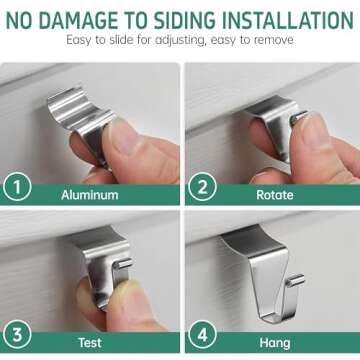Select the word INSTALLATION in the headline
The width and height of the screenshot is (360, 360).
(288, 20)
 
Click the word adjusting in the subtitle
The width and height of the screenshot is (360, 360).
(171, 40)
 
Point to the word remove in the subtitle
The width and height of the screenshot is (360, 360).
(274, 40)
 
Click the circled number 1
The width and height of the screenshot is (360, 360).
(17, 186)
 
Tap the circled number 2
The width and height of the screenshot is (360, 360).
(202, 186)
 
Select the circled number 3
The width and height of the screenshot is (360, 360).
(17, 334)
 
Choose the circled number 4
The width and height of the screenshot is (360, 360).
(202, 334)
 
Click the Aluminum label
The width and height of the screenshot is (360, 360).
(90, 195)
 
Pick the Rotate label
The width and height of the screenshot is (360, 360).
(275, 195)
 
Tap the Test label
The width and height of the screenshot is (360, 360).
(90, 343)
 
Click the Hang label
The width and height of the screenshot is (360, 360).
(275, 343)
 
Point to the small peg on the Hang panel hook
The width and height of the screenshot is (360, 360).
(296, 280)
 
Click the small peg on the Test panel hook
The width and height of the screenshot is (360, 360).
(124, 263)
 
